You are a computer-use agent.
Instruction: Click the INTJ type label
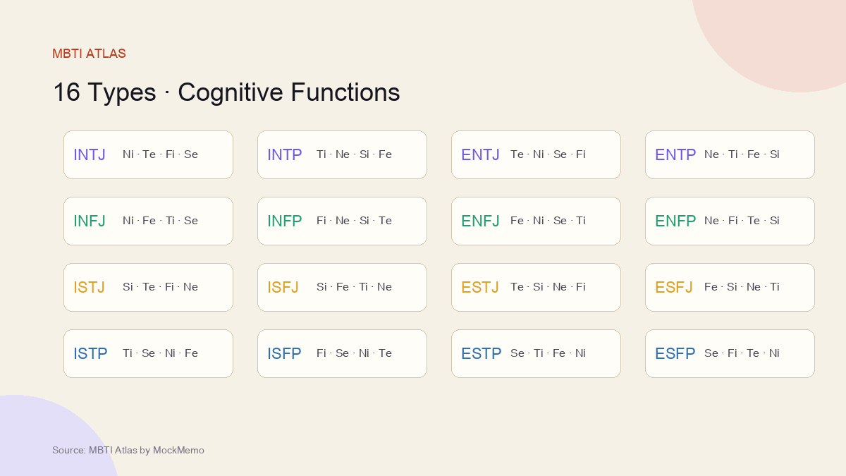[90, 155]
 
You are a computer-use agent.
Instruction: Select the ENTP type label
[675, 155]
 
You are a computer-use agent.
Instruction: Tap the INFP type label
[284, 221]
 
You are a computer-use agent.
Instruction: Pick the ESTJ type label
[480, 288]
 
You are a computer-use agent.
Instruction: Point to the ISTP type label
[91, 353]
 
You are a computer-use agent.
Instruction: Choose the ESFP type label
[675, 353]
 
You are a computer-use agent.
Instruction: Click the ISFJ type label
[283, 288]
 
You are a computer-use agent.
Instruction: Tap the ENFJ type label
[480, 221]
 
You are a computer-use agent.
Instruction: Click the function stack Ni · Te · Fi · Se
[160, 154]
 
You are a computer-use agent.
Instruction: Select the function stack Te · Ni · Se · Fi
[548, 154]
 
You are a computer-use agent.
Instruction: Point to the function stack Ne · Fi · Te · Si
[742, 221]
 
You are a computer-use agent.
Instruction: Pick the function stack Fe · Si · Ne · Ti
[742, 287]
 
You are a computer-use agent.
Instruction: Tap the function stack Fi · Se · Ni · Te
[354, 353]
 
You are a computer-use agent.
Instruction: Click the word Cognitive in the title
[231, 93]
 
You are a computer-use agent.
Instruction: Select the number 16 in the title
[66, 92]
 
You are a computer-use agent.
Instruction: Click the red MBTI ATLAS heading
[89, 54]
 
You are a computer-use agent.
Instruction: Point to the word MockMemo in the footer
[178, 451]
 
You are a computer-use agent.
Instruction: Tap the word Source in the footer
[69, 451]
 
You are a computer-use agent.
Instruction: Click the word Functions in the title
[345, 92]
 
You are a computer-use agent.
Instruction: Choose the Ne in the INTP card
[343, 154]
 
